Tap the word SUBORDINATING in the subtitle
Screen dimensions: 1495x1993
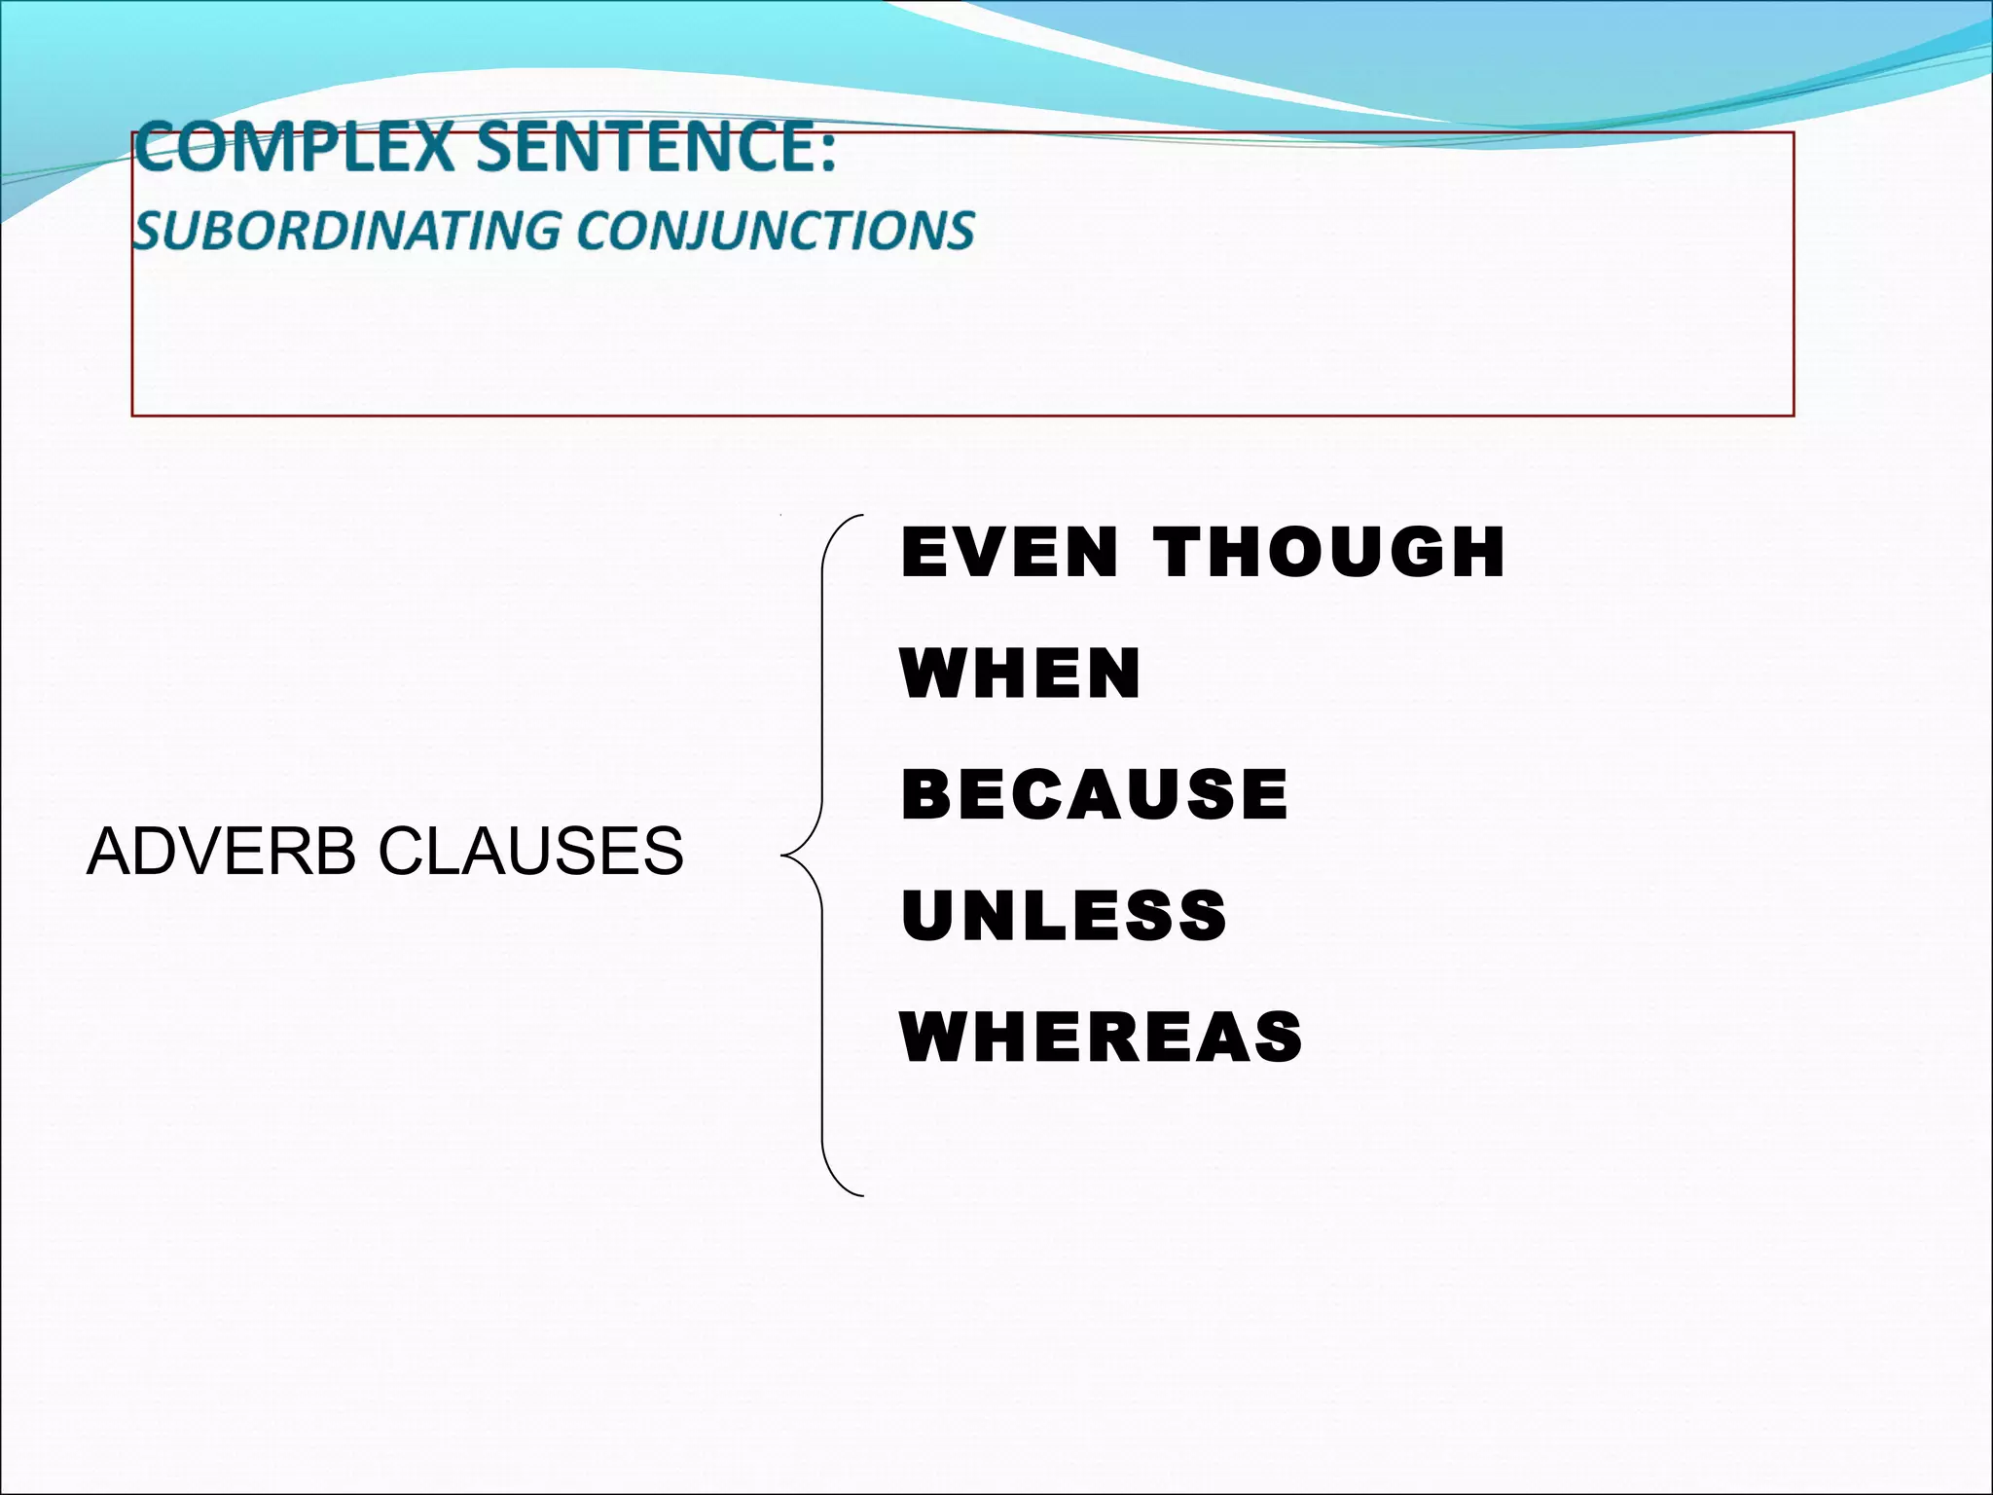[x=345, y=231]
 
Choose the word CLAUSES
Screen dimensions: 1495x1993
[x=530, y=851]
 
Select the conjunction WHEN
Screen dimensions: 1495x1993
[x=1021, y=673]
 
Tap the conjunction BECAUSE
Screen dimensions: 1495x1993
[x=1095, y=794]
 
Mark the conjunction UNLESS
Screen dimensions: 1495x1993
[x=1064, y=916]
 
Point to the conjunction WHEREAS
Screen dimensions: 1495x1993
[x=1102, y=1038]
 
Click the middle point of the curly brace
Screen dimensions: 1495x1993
[x=786, y=856]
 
